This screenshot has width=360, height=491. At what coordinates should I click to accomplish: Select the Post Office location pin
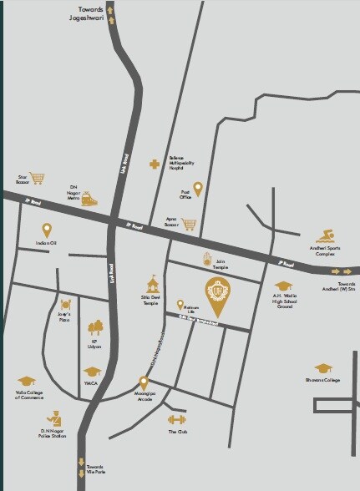(198, 189)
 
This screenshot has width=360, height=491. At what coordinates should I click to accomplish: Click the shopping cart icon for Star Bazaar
(36, 178)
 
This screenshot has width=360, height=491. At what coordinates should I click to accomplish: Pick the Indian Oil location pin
(47, 230)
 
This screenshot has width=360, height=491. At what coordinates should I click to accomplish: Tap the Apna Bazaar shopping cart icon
(190, 225)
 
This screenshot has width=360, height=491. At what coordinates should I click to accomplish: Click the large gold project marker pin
(221, 291)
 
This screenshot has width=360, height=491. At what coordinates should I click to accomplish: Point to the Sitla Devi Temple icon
(151, 282)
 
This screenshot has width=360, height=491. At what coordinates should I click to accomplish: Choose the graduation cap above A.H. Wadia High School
(281, 286)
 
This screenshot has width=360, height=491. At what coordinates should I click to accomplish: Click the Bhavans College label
(322, 381)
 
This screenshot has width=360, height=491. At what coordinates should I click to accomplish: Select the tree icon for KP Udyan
(96, 327)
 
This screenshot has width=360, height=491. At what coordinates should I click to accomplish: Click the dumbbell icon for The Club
(175, 418)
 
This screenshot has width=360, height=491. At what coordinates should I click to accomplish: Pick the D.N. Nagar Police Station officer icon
(55, 417)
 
